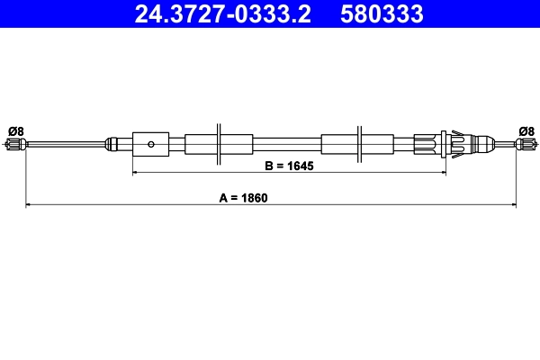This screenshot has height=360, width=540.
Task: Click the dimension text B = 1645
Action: [290, 165]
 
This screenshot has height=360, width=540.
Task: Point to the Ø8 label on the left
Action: [15, 130]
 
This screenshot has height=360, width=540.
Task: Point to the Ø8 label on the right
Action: [526, 130]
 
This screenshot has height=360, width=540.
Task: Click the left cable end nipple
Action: [16, 144]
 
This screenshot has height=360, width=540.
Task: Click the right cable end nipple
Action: [525, 144]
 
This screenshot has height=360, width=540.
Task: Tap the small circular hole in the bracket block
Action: [152, 143]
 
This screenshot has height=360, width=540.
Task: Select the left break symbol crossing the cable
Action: [219, 142]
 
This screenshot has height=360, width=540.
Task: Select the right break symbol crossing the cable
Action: [359, 142]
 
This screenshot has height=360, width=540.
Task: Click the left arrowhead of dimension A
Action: [29, 205]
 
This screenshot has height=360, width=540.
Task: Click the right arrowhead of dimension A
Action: [513, 205]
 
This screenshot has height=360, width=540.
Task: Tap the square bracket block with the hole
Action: [150, 143]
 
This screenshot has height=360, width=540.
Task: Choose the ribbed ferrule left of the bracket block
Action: [114, 143]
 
